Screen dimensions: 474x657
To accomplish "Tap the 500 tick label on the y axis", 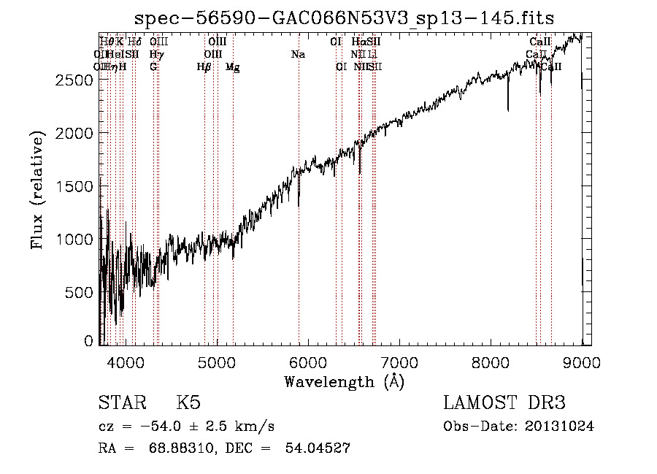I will click(80, 292).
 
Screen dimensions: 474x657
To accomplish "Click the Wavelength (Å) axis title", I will click(344, 381).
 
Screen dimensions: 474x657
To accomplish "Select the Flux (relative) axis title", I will click(38, 190).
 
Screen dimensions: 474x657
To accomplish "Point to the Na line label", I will click(298, 54).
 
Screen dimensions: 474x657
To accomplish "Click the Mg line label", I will click(232, 67).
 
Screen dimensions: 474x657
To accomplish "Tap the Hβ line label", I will click(204, 67).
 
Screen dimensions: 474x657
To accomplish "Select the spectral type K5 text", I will click(188, 403).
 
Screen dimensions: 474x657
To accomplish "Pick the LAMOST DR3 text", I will click(504, 403).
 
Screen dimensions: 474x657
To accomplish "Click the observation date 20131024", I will click(562, 427).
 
